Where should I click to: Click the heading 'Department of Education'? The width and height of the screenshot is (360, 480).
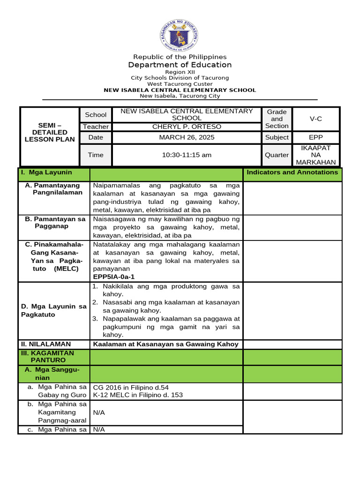[x=180, y=65]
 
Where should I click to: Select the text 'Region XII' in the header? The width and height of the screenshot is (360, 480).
[x=180, y=72]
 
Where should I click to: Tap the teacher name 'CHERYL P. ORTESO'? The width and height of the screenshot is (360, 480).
[x=187, y=127]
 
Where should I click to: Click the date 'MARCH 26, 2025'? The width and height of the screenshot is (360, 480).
[x=187, y=137]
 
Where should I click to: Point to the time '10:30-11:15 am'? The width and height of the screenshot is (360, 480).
[x=187, y=155]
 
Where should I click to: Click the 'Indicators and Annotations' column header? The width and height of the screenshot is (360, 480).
[x=292, y=172]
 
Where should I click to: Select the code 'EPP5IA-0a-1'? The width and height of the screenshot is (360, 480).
[x=114, y=277]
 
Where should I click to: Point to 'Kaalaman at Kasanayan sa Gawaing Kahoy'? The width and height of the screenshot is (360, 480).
[x=166, y=344]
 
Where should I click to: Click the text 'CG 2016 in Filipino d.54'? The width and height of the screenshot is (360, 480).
[x=131, y=387]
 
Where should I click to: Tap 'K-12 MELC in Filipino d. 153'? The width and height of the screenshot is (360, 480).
[x=138, y=395]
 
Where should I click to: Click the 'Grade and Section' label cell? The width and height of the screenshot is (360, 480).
[x=277, y=119]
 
